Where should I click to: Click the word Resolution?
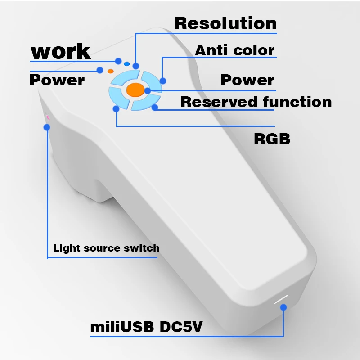pos(225,23)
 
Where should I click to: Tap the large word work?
pos(60,51)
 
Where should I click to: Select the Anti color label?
pos(234,50)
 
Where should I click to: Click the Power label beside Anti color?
pos(247,80)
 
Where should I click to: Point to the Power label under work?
pos(57,80)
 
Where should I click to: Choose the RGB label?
pos(272,139)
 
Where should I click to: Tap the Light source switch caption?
pos(106,248)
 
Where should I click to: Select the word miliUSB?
pos(122,326)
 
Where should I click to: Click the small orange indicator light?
pos(111,71)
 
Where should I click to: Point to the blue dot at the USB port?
pos(283,308)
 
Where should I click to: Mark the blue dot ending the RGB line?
pos(117,108)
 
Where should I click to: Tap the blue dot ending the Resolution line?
pos(136,66)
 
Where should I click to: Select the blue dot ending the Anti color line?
pos(163,81)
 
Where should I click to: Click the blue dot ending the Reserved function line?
pos(155,108)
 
